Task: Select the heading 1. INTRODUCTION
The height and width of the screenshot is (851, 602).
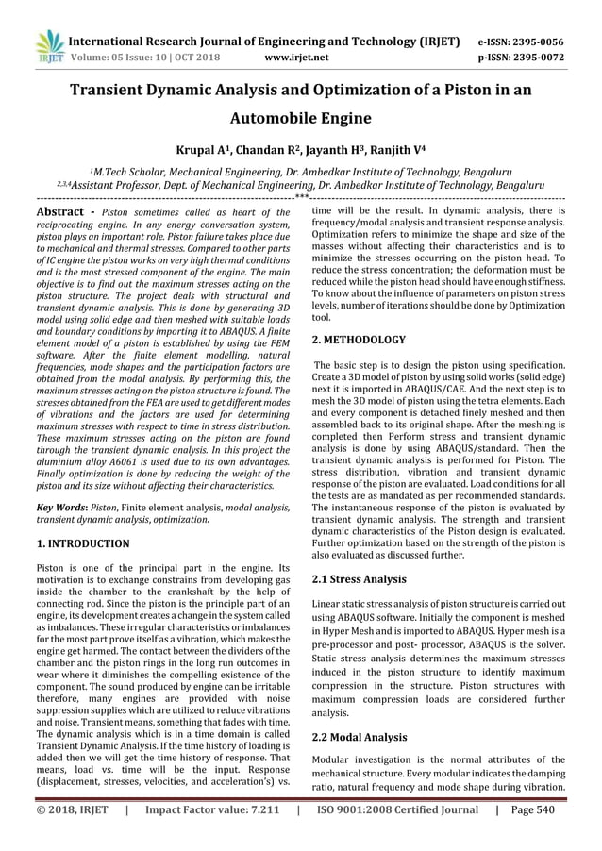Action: [82, 543]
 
